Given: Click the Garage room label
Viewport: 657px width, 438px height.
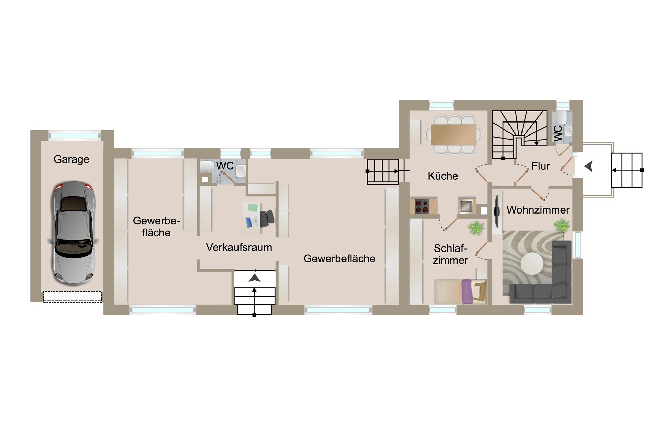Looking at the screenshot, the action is [x=71, y=159].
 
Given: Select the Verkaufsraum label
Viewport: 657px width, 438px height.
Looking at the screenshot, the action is [x=239, y=247].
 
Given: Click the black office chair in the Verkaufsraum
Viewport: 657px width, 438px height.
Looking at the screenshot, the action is [x=267, y=218].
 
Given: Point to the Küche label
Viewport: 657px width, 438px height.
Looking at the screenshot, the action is [x=443, y=176].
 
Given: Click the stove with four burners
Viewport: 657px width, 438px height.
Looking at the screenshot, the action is [x=422, y=206].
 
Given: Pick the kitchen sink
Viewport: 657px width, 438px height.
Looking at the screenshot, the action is [x=466, y=206].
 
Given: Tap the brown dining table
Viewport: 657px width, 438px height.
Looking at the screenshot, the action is [x=453, y=134].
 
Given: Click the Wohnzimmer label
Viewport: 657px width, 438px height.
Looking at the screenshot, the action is [x=538, y=210].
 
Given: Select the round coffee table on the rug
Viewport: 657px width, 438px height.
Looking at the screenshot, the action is [x=532, y=263].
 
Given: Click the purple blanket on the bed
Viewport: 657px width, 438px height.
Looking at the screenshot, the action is [x=466, y=292].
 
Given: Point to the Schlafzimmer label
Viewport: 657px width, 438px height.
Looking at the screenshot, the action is [x=450, y=254].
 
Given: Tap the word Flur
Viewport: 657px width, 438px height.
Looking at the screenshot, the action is [x=540, y=166].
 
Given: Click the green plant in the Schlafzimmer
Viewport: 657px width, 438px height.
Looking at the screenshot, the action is [x=476, y=228].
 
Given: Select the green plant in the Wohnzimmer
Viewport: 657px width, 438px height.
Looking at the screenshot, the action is [x=562, y=226].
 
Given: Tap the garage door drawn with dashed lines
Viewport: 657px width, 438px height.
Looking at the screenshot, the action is [x=73, y=297].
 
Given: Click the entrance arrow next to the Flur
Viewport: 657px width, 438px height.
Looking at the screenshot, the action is [x=589, y=167].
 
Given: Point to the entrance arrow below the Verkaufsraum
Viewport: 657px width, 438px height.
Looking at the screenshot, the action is [x=255, y=278].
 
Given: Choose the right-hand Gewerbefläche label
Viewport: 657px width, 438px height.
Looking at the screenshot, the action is [x=339, y=259].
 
